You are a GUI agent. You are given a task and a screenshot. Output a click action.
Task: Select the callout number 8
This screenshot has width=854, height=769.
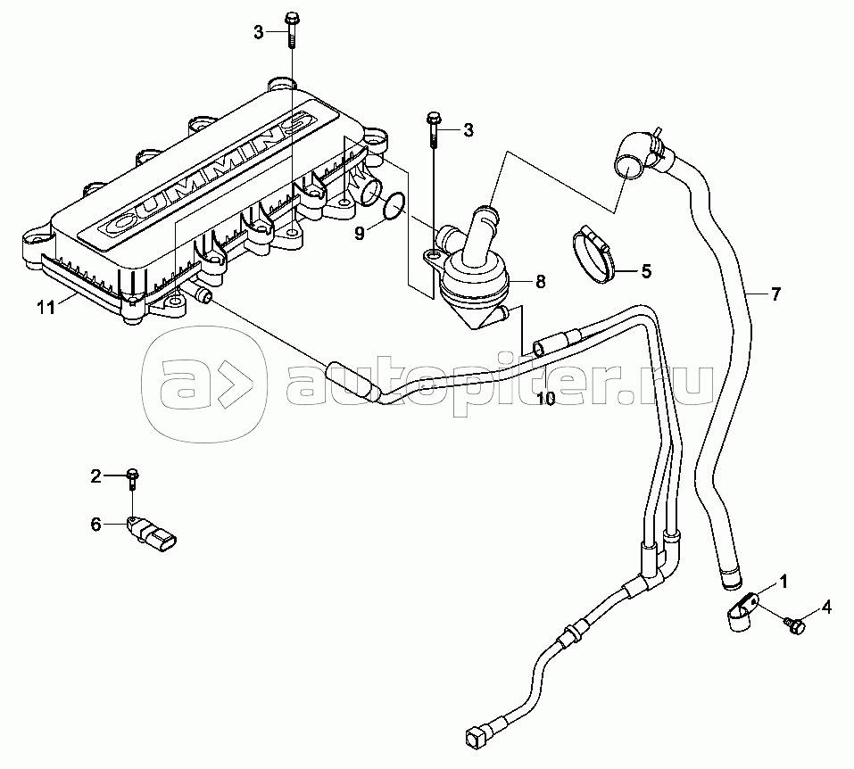[541, 282]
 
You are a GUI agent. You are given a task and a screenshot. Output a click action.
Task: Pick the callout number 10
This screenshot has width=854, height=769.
[545, 399]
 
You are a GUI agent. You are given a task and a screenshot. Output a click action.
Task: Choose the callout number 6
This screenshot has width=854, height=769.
[95, 525]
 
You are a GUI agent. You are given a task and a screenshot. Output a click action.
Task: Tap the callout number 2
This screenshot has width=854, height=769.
[95, 475]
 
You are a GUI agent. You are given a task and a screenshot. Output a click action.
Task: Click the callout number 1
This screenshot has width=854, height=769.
[784, 583]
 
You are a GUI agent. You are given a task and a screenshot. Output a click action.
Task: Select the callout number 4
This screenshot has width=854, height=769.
[827, 608]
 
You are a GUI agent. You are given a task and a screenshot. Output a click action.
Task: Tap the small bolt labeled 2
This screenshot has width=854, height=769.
[133, 478]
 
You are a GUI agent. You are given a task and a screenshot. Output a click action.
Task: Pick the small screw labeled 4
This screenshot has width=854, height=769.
[794, 626]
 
